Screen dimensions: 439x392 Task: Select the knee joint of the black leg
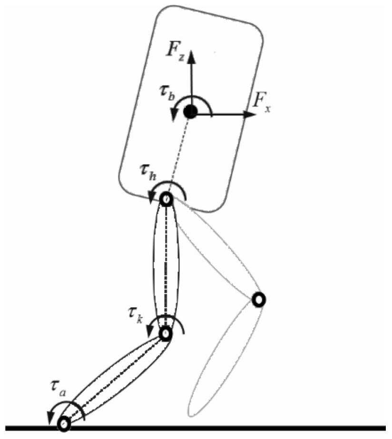(165, 334)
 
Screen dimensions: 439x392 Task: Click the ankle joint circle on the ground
(64, 423)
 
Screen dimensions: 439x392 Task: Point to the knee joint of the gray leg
(258, 299)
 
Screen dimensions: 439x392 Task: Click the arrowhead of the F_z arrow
(192, 57)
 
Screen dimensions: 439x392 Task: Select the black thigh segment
(166, 267)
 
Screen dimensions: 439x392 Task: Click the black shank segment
(115, 379)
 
